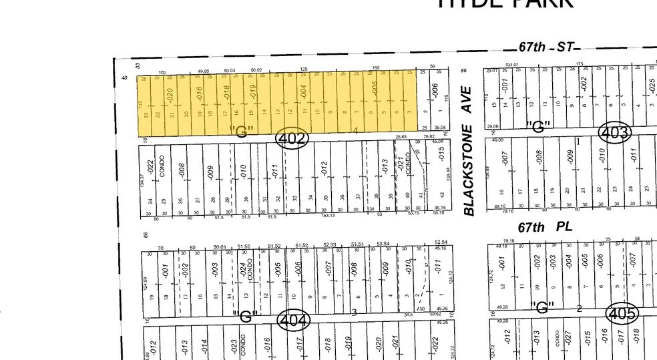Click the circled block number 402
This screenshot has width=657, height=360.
tap(292, 138)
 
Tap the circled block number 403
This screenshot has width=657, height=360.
tap(615, 132)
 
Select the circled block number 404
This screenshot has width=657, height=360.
tap(294, 321)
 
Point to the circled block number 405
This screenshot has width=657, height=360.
tap(621, 313)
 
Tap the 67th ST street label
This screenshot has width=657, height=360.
tap(545, 47)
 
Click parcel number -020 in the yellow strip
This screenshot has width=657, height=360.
tap(170, 96)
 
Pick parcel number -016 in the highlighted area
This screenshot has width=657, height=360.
tap(198, 94)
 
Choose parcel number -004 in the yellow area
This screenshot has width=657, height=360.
tap(303, 92)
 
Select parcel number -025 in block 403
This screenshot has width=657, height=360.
tap(652, 85)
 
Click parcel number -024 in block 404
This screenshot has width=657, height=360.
tap(243, 269)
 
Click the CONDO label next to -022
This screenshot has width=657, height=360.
tap(162, 168)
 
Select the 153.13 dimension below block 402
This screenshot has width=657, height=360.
tap(328, 216)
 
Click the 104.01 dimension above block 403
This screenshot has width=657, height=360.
tap(512, 65)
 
